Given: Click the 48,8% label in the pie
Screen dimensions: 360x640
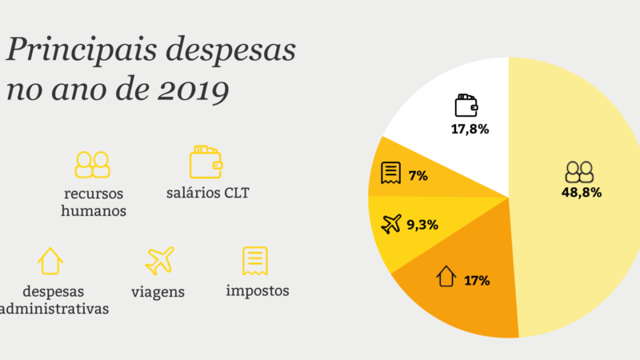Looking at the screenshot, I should (582, 193).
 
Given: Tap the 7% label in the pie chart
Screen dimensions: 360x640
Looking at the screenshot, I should (418, 176).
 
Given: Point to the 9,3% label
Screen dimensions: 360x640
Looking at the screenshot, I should (422, 225).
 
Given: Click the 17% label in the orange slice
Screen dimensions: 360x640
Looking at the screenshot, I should (477, 281).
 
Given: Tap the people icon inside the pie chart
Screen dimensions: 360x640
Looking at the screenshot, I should (579, 172).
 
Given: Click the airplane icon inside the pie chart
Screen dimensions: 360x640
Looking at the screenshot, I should (392, 224).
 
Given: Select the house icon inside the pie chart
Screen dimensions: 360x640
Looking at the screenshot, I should (446, 278).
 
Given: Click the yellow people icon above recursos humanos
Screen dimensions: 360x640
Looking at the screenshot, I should (93, 164).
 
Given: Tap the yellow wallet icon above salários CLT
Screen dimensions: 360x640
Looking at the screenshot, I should (206, 162).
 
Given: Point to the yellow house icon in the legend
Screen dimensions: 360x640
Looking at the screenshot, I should (50, 261).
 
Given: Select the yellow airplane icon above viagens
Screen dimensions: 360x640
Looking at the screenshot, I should (159, 261).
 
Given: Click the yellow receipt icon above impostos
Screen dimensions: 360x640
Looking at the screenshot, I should (255, 260).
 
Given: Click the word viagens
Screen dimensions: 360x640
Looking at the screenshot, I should (158, 292).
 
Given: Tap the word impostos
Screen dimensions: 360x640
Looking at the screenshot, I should (258, 290).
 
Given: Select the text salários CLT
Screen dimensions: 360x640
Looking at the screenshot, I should (208, 193).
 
